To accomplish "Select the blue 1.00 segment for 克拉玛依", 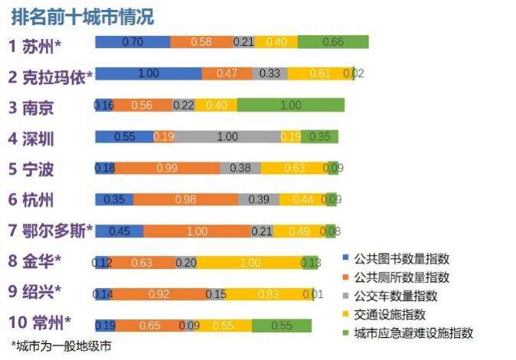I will (149, 74).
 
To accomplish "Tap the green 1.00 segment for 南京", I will (290, 105).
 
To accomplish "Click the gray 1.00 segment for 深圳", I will (227, 137).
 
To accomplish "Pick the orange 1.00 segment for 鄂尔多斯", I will (197, 231).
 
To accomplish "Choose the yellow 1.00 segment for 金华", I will (250, 263).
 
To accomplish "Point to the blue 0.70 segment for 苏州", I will (132, 42).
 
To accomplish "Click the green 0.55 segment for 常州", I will (281, 326).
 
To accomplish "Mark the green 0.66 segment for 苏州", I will (333, 42).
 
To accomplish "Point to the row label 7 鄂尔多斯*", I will (51, 230).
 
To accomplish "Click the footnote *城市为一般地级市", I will (61, 346).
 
